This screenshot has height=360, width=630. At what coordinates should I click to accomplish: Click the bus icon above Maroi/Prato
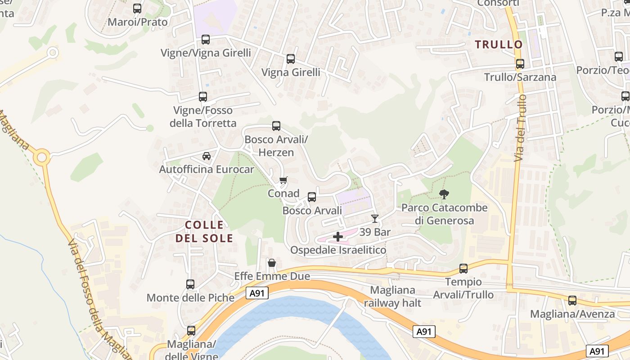tap(137, 9)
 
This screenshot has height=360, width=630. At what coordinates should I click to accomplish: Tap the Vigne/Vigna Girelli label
tap(206, 53)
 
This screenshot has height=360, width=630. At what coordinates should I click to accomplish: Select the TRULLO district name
tap(499, 45)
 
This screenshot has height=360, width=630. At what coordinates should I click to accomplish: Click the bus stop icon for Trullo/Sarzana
tap(520, 64)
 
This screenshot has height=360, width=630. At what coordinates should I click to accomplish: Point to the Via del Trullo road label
tap(520, 128)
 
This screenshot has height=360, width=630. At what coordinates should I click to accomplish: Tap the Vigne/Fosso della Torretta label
tap(203, 117)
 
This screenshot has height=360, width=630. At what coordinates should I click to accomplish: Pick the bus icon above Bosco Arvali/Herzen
tap(276, 126)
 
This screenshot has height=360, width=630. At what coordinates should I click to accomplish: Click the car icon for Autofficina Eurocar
tap(207, 156)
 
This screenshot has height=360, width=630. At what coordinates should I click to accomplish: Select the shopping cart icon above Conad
tap(283, 180)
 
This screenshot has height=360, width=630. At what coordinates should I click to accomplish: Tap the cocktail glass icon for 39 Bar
tap(374, 219)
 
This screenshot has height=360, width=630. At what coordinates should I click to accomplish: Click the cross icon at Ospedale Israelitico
tap(338, 237)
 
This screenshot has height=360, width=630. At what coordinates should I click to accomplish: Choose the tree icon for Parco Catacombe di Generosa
tap(445, 194)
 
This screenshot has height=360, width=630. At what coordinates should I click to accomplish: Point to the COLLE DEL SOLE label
tap(204, 231)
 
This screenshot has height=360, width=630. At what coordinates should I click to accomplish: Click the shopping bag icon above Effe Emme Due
tap(272, 263)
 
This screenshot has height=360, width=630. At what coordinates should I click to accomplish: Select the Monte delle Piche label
tap(190, 297)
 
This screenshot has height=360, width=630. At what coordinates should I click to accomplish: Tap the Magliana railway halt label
tap(392, 297)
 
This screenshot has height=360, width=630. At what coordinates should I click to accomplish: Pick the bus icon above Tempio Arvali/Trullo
tap(463, 269)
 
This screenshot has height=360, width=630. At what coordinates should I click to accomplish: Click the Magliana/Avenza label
tap(572, 314)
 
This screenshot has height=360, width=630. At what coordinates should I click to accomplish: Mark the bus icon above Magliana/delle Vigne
tap(191, 331)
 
